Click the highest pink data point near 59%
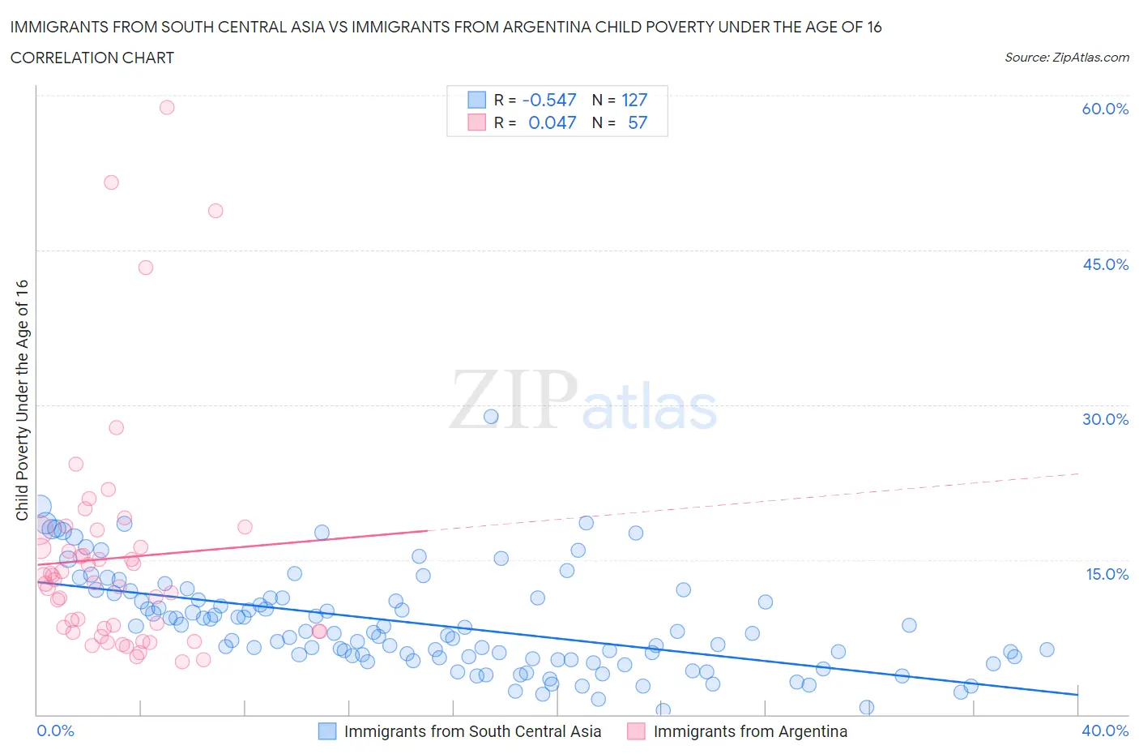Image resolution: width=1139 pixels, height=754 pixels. click(167, 107)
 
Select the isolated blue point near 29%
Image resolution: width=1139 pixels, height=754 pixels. click(491, 417)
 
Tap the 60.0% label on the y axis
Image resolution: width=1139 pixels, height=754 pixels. click(1105, 109)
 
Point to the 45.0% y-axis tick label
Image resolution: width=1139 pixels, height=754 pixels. click(1105, 264)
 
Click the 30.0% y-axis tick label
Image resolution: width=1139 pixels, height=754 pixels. click(1105, 419)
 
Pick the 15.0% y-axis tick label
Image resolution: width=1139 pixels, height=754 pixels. click(1107, 574)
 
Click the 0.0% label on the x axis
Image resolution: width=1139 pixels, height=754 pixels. click(55, 730)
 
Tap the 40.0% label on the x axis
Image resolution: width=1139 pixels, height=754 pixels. click(1105, 730)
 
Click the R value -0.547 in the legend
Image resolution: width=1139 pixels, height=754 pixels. click(549, 100)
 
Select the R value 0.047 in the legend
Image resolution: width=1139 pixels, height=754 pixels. click(552, 122)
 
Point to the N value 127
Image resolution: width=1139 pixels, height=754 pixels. click(634, 100)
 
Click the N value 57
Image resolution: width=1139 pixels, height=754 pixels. click(638, 122)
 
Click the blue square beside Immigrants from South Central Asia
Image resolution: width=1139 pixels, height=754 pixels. click(326, 731)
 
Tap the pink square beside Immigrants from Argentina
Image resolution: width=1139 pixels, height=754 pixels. click(636, 731)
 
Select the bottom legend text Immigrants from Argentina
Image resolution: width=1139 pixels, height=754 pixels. click(750, 731)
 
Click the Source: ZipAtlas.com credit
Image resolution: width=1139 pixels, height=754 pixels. click(1066, 57)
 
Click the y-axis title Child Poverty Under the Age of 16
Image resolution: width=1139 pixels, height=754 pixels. click(22, 400)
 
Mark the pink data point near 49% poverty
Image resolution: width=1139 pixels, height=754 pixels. click(215, 211)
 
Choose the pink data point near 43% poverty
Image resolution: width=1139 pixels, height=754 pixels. click(146, 268)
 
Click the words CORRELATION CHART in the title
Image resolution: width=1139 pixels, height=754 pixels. click(92, 58)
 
